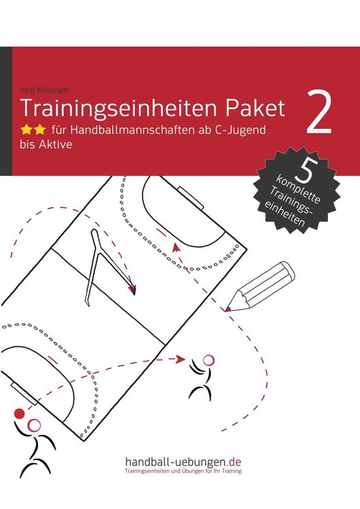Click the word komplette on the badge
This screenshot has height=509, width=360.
tap(302, 185)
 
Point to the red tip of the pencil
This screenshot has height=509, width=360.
tap(226, 307)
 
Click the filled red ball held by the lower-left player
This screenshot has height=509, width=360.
tap(19, 413)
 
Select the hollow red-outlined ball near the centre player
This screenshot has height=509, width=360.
tap(208, 359)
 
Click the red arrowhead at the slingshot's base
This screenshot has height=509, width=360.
tap(134, 289)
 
